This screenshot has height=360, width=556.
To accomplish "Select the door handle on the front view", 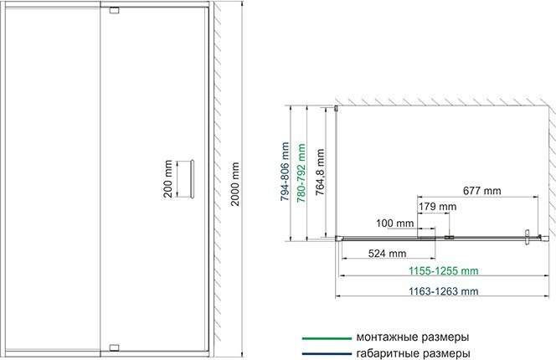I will pyautogui.click(x=193, y=177).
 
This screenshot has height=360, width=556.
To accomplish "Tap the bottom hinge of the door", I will pyautogui.click(x=115, y=342).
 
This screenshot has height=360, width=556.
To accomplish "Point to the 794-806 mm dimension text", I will pyautogui.click(x=286, y=171).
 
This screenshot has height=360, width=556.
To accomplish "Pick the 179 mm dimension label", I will pyautogui.click(x=436, y=206).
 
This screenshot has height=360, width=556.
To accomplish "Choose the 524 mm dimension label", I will pyautogui.click(x=386, y=253).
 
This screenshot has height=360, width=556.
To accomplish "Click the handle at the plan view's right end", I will pyautogui.click(x=527, y=237).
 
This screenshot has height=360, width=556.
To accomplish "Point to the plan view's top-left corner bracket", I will pyautogui.click(x=337, y=110).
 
